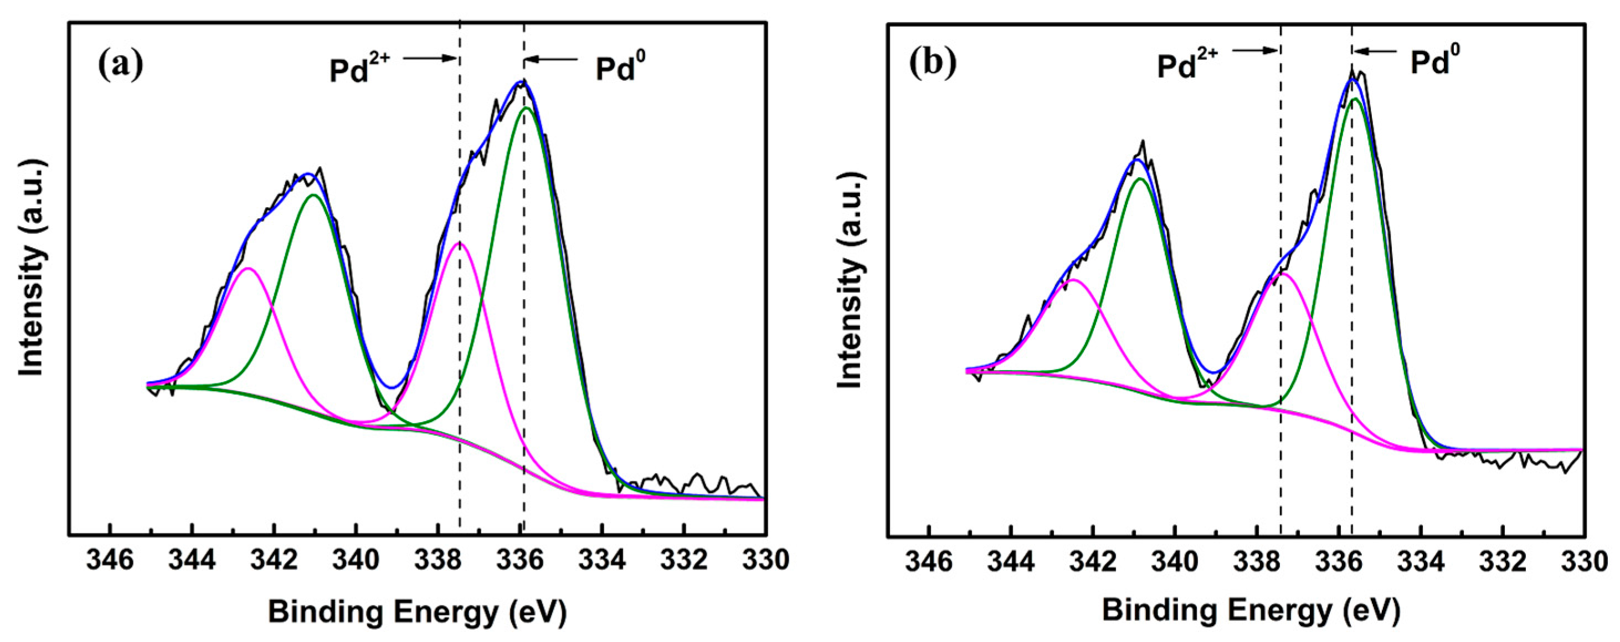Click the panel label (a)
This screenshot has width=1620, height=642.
click(121, 64)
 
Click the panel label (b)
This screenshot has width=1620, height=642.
click(933, 64)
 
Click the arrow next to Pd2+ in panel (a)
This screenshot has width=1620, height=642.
click(430, 59)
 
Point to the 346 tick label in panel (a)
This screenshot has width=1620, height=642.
click(110, 559)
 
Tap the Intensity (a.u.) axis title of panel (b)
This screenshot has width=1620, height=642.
click(850, 280)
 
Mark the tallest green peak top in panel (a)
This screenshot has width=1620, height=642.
click(526, 108)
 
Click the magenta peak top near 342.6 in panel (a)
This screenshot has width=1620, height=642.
click(249, 269)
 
